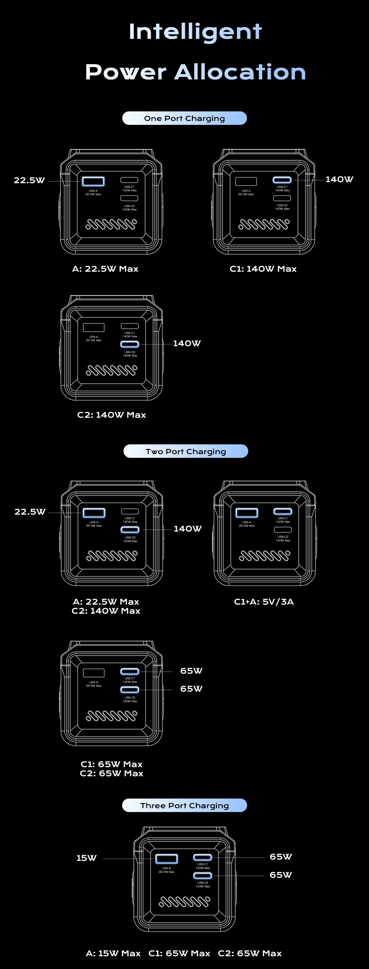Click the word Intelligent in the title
coord(195,32)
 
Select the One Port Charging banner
coord(184,118)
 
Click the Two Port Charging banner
coord(186,451)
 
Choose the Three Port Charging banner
coord(184,805)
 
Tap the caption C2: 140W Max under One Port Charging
coord(111,415)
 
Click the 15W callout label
coord(87,858)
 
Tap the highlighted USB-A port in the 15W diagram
coord(167,859)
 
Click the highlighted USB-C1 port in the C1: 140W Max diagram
coord(282,180)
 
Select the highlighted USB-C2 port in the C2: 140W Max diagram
coord(130,344)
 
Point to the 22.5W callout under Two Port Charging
coord(30,512)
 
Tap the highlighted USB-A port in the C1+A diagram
coord(247,513)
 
